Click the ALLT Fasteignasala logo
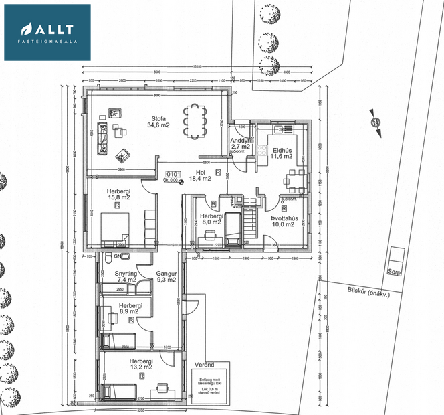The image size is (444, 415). coord(47,32)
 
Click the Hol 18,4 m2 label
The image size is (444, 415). coord(199,175)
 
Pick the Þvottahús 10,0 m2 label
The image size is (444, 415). coord(284,220)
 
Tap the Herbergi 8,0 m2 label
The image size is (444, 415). coord(211,220)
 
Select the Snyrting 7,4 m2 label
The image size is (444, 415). coord(126,276)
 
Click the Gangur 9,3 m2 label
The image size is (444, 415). coord(165,276)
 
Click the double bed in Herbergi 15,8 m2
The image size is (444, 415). coord(114,227)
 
